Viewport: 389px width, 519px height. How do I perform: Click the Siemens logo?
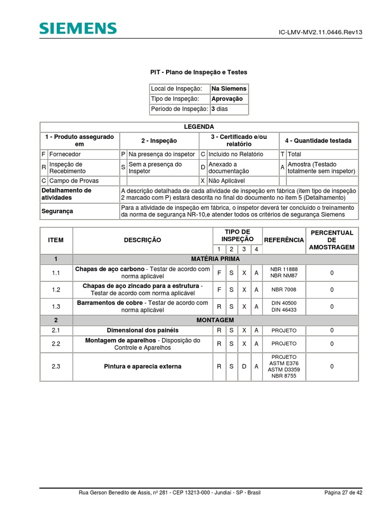(x=78, y=29)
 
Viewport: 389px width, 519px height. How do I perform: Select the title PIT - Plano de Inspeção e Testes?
(x=199, y=72)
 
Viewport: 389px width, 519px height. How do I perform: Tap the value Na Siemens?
(x=229, y=89)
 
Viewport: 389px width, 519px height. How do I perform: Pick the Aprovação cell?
(x=227, y=99)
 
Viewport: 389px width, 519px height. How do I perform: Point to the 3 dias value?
(x=220, y=109)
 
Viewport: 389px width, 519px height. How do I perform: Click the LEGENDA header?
(x=199, y=127)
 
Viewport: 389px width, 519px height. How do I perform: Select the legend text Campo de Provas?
(x=66, y=180)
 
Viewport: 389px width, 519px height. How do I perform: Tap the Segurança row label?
(x=57, y=211)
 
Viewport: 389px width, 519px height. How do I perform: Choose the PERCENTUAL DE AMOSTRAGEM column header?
(x=332, y=240)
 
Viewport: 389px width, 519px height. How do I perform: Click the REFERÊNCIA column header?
(x=284, y=240)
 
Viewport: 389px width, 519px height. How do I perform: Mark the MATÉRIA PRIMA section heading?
(x=215, y=259)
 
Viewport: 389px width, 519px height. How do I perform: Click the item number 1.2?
(x=56, y=290)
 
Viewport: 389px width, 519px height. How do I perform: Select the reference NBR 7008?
(x=284, y=290)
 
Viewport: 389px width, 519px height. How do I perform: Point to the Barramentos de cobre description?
(x=142, y=306)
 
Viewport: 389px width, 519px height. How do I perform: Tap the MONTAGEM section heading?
(x=215, y=320)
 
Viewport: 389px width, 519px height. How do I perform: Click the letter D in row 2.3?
(x=244, y=366)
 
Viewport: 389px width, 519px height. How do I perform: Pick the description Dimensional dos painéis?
(x=142, y=330)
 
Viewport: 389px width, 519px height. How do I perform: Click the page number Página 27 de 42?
(x=343, y=493)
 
